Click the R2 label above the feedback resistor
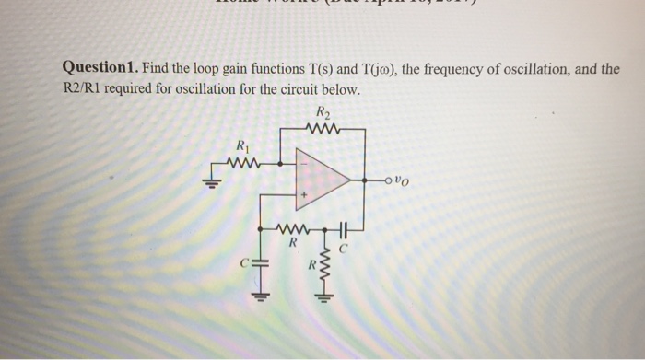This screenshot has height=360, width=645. (322, 112)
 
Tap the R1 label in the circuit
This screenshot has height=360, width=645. (242, 145)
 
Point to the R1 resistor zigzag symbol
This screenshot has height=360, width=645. (241, 163)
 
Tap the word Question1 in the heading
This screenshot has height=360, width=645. (100, 69)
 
